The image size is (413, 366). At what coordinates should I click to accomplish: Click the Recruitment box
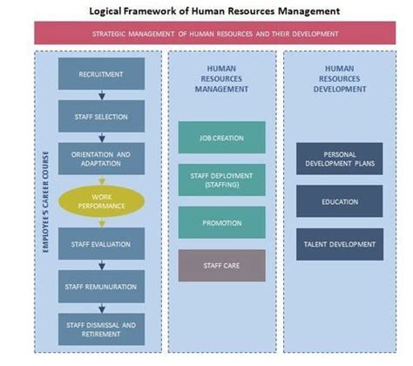point(101,74)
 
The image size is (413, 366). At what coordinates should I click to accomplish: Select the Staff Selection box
point(101,116)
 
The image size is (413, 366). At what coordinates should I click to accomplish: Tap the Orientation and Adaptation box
point(101,158)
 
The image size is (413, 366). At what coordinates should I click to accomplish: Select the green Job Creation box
point(221,138)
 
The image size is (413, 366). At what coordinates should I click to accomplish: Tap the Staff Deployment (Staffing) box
point(221,180)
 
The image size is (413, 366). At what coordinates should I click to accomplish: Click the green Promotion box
point(221,222)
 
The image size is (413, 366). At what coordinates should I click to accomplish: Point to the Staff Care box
point(221,265)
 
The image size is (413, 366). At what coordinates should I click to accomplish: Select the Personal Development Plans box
point(339,158)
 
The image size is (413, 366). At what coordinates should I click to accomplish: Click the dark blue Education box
point(339,200)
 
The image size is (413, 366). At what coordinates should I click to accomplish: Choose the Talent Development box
point(339,243)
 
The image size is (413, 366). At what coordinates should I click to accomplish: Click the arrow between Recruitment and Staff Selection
point(101,95)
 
